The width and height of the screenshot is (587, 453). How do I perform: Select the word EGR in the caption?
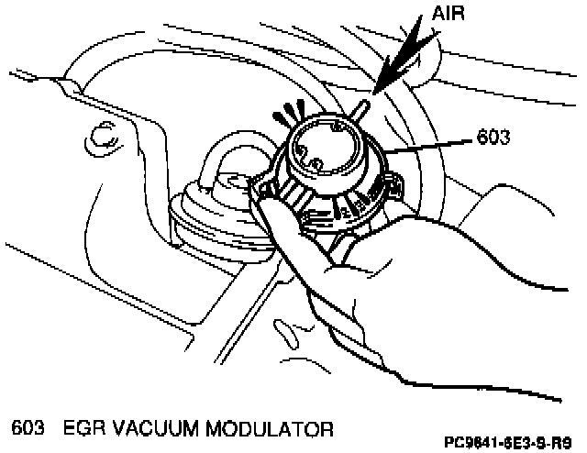tap(85, 427)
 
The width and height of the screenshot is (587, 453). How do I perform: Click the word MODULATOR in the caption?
tap(271, 427)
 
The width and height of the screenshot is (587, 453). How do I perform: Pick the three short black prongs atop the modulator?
tap(292, 111)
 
